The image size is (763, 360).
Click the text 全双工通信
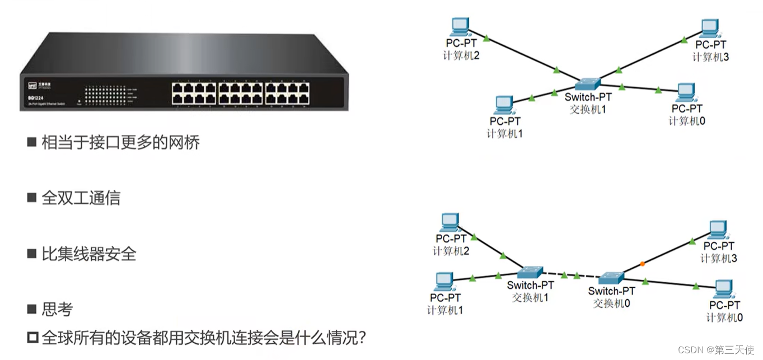(x=81, y=198)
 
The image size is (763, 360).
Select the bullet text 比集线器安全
(x=89, y=254)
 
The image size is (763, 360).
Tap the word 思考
(x=57, y=309)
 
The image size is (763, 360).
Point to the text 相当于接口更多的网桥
(x=120, y=142)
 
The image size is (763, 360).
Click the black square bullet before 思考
(x=32, y=309)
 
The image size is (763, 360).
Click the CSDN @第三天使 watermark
(x=716, y=349)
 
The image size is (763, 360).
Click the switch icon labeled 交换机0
(x=611, y=278)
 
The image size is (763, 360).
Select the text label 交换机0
(x=611, y=303)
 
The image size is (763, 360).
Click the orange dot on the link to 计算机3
(x=642, y=263)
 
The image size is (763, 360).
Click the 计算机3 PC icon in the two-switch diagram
(x=718, y=229)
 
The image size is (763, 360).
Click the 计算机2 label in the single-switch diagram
(x=460, y=55)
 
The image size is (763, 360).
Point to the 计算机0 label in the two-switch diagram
(x=724, y=317)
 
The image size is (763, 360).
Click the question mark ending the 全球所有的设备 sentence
(x=361, y=338)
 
